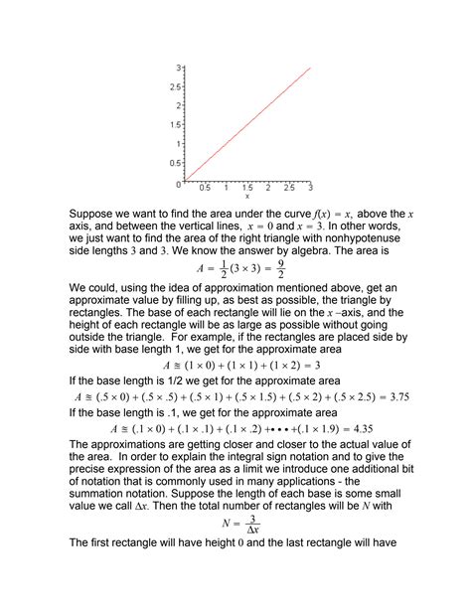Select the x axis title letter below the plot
pos(246,196)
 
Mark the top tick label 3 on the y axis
pos(176,68)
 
